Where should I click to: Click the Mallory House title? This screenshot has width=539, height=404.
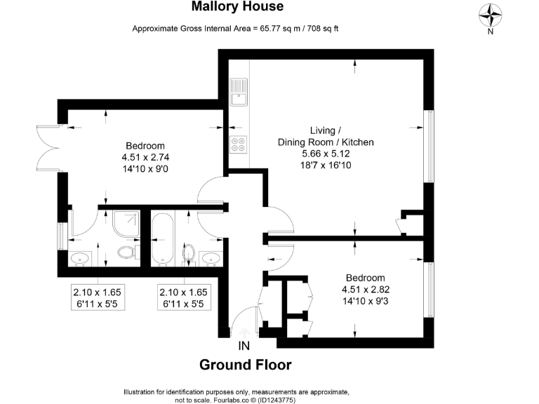[x=238, y=7]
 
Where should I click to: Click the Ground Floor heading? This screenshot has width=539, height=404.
[x=245, y=365]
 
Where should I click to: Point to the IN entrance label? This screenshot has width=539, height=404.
[x=244, y=345]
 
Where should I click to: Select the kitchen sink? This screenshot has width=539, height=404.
[x=239, y=91]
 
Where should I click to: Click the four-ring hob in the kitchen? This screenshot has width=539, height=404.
[x=239, y=143]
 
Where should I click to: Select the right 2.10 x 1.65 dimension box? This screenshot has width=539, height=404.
[x=182, y=298]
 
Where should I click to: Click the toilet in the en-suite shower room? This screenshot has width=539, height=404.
[x=126, y=252]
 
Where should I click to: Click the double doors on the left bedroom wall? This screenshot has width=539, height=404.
[x=46, y=145]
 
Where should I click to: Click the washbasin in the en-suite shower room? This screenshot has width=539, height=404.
[x=80, y=258]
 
